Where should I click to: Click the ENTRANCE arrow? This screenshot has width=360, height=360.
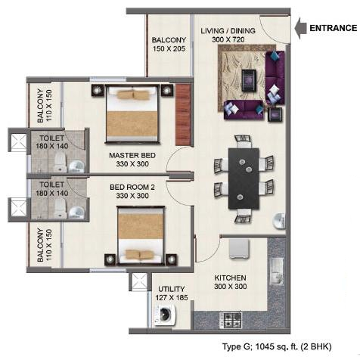pyautogui.click(x=300, y=28)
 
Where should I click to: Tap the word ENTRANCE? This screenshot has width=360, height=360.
pyautogui.click(x=334, y=28)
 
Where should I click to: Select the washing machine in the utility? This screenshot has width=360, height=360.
pyautogui.click(x=163, y=314)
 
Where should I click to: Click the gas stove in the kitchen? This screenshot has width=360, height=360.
pyautogui.click(x=231, y=320)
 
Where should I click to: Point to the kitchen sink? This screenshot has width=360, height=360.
pyautogui.click(x=277, y=272)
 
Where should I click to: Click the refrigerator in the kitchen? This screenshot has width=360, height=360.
pyautogui.click(x=239, y=249)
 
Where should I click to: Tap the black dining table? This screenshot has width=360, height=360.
pyautogui.click(x=244, y=178)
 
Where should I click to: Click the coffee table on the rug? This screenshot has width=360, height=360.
pyautogui.click(x=249, y=80)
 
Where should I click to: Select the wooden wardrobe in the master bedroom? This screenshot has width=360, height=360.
pyautogui.click(x=183, y=115)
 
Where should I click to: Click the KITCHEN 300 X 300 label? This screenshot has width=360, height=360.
pyautogui.click(x=231, y=282)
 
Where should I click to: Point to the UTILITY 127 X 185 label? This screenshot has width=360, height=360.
pyautogui.click(x=172, y=293)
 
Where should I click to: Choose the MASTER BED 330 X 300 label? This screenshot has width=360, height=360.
pyautogui.click(x=132, y=160)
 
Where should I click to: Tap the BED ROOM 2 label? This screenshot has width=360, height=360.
pyautogui.click(x=132, y=188)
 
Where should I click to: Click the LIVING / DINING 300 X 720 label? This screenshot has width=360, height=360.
pyautogui.click(x=228, y=35)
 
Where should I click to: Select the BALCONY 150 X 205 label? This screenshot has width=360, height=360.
pyautogui.click(x=169, y=44)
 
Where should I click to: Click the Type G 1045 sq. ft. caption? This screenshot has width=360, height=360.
pyautogui.click(x=277, y=346)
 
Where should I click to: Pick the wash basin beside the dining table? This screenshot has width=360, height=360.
pyautogui.click(x=279, y=222)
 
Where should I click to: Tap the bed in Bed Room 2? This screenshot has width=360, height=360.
pyautogui.click(x=141, y=236)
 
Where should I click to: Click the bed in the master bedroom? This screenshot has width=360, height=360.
pyautogui.click(x=132, y=114)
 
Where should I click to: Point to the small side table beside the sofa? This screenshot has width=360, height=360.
pyautogui.click(x=275, y=114)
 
